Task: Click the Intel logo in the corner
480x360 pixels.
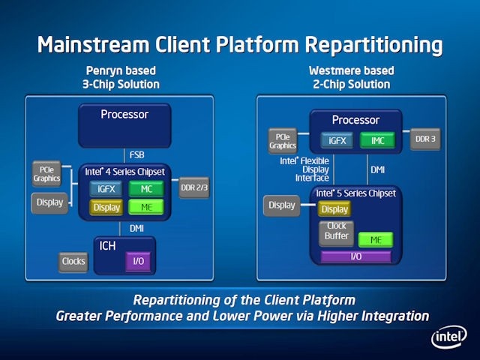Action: tap(448, 337)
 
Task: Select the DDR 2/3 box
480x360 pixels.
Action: tap(193, 187)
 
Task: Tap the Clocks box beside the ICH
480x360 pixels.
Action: tap(73, 262)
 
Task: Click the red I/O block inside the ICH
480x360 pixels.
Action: tap(138, 261)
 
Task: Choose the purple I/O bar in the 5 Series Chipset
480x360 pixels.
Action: tap(355, 256)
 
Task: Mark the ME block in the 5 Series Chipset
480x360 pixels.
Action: tap(375, 240)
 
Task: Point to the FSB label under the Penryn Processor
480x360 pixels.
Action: tap(137, 155)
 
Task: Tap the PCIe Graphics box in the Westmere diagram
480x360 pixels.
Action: tap(283, 140)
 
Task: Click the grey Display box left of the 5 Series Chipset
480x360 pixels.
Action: tap(282, 205)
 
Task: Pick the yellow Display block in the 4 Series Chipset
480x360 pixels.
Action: tap(106, 207)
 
